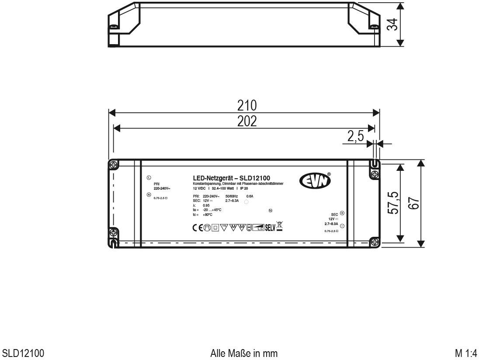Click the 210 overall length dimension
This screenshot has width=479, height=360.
pos(246,105)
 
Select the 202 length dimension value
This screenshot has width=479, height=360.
pos(246,121)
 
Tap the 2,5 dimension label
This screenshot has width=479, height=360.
pos(355,137)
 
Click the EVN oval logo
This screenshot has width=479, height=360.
pos(315,181)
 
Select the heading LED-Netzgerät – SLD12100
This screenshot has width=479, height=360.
pos(231,178)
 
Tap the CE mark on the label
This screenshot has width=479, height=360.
pos(198,228)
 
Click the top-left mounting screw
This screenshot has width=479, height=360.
pos(114,165)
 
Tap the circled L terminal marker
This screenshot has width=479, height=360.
pos(149,178)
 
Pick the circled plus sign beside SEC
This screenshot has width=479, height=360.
pos(342,213)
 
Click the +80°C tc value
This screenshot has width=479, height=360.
pos(208,215)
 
